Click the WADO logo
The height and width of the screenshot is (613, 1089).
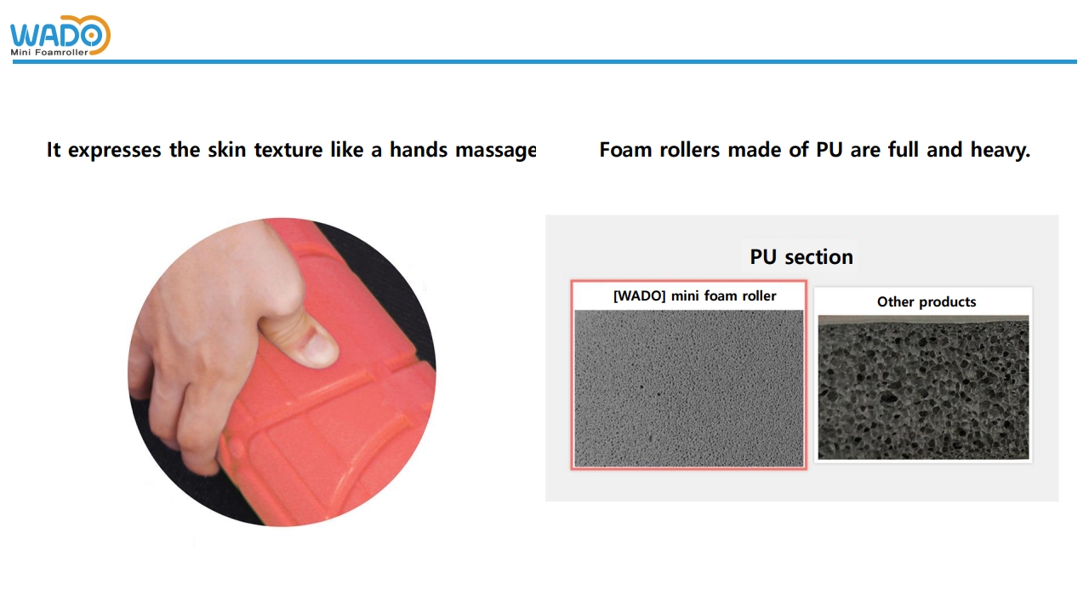pyautogui.click(x=60, y=35)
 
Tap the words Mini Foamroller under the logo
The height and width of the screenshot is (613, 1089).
pyautogui.click(x=49, y=52)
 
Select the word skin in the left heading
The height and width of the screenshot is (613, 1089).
pyautogui.click(x=226, y=149)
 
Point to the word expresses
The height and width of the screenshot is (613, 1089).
pyautogui.click(x=114, y=151)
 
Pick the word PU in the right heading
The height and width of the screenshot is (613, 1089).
pyautogui.click(x=829, y=150)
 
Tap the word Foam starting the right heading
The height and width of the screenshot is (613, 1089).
pyautogui.click(x=625, y=150)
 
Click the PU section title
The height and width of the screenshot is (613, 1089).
pyautogui.click(x=801, y=257)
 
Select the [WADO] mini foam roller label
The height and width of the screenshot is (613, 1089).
pyautogui.click(x=695, y=295)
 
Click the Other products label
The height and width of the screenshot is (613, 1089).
pyautogui.click(x=927, y=301)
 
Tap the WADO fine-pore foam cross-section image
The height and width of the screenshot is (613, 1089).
pyautogui.click(x=689, y=388)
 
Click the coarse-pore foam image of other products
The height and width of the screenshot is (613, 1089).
pyautogui.click(x=923, y=387)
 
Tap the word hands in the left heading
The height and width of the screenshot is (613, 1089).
pyautogui.click(x=418, y=149)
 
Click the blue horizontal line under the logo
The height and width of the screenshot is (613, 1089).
pyautogui.click(x=544, y=62)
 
